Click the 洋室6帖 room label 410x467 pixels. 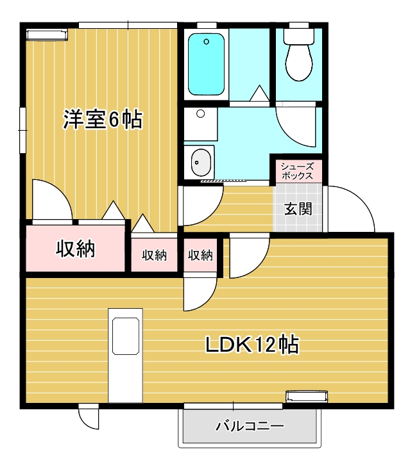[x=103, y=119]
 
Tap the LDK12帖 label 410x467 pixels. [x=252, y=345]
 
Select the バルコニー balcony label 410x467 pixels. [x=250, y=426]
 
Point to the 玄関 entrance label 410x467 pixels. [x=298, y=209]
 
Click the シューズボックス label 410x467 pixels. [x=298, y=171]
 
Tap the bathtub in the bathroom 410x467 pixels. [x=206, y=64]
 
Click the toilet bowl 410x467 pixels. [x=299, y=62]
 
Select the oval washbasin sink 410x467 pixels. [x=201, y=162]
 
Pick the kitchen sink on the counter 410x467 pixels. [x=126, y=336]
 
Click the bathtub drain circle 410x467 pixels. [x=206, y=42]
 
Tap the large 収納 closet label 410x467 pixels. [x=76, y=249]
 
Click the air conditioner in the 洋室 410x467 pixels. [x=47, y=35]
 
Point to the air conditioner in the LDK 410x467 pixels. [x=307, y=397]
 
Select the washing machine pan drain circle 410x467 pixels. [x=201, y=113]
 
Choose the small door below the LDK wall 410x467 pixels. [x=89, y=417]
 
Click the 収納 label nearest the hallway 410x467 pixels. [x=200, y=255]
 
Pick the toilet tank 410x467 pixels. [x=299, y=37]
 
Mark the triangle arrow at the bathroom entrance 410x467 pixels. [x=259, y=94]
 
